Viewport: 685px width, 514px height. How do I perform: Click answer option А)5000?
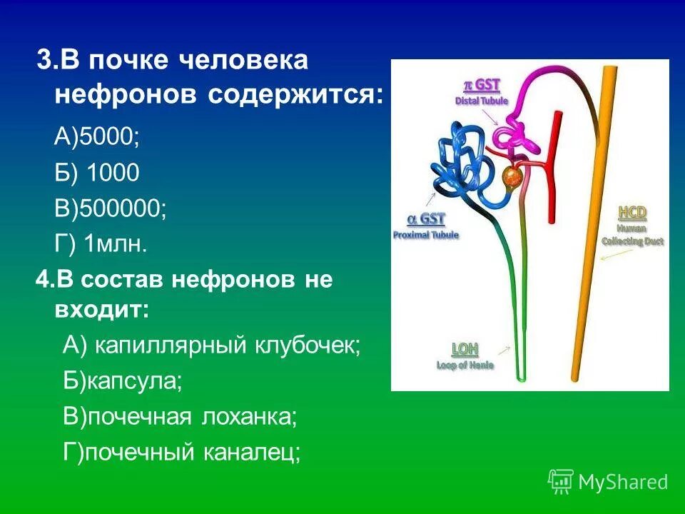pos(97,136)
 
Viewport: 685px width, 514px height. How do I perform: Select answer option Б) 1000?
pos(97,172)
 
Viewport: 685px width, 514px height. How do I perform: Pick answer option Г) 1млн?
pos(101,245)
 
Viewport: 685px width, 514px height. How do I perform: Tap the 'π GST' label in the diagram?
pos(482,86)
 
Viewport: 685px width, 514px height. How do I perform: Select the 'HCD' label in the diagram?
pos(631,213)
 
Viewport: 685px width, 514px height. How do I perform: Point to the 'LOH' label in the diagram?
pos(465,349)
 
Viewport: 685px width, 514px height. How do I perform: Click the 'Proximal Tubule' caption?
pos(426,234)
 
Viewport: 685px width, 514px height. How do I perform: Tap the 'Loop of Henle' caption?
pos(465,365)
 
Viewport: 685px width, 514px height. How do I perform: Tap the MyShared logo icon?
pos(560,481)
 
